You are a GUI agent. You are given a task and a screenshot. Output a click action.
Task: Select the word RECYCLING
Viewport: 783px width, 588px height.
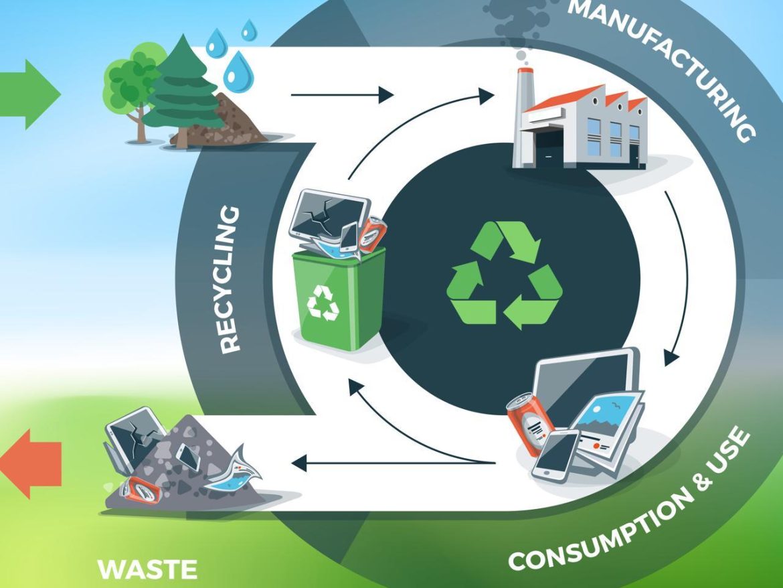(x=230, y=279)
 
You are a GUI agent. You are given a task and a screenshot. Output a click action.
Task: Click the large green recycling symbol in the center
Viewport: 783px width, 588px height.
(x=504, y=276)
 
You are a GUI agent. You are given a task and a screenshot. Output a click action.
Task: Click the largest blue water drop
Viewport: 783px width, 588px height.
(x=236, y=72)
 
